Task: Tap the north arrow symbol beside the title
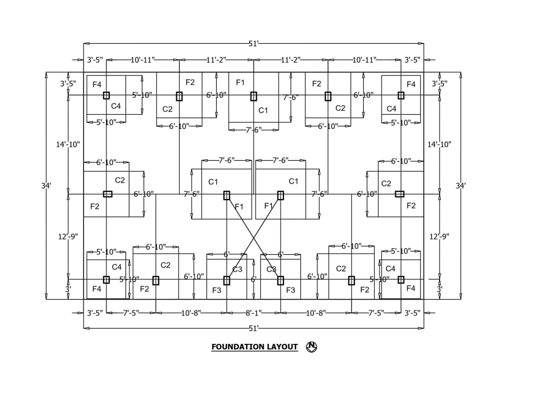[312, 346]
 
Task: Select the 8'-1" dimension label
[253, 313]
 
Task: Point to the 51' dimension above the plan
[253, 44]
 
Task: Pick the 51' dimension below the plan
[253, 329]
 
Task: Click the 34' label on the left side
[46, 186]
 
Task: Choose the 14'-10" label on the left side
[68, 144]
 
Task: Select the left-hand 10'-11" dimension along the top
[143, 60]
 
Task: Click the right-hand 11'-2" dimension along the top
[290, 60]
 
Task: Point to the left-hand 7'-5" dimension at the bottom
[131, 313]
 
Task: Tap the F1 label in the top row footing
[240, 82]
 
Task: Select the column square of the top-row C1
[253, 96]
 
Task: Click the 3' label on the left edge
[68, 289]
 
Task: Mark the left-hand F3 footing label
[217, 290]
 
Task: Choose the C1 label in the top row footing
[263, 110]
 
